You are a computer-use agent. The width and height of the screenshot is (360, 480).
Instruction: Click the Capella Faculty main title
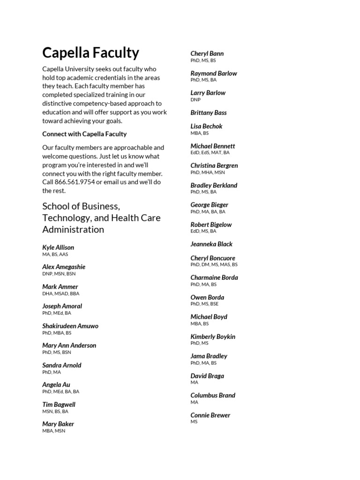[x=90, y=52]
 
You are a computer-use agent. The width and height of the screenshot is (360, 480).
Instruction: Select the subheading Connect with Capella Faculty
[x=84, y=134]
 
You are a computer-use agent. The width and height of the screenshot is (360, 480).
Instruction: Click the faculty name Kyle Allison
[x=58, y=247]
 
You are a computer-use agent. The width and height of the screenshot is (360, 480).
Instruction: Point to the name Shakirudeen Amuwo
[x=70, y=326]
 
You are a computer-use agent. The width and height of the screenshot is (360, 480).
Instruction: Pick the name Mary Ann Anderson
[x=69, y=345]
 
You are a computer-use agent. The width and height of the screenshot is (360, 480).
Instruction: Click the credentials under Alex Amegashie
[x=59, y=274]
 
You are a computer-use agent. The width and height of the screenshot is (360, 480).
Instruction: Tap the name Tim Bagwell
[x=59, y=405]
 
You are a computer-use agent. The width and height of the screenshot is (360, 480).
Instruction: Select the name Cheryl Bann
[x=207, y=54]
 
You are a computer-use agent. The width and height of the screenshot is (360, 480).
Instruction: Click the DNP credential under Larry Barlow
[x=195, y=100]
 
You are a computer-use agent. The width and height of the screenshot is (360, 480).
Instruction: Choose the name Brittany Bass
[x=208, y=113]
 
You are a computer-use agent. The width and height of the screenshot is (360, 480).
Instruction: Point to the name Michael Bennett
[x=212, y=146]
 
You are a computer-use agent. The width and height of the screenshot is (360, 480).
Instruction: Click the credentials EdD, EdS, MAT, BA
[x=210, y=153]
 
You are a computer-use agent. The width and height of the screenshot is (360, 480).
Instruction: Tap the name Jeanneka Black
[x=211, y=244]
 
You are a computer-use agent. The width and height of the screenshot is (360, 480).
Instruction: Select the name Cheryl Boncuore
[x=213, y=258]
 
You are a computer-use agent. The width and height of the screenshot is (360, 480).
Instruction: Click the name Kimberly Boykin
[x=213, y=337]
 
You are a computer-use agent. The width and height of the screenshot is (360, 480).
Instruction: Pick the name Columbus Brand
[x=213, y=396]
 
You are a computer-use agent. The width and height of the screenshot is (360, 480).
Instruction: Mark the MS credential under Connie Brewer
[x=194, y=422]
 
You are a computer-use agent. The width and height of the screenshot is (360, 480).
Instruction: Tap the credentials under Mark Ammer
[x=61, y=293]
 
